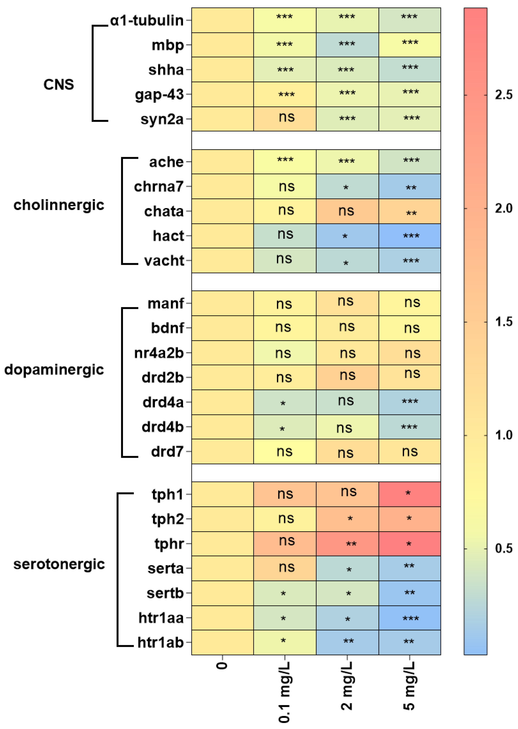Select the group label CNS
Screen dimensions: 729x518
59,84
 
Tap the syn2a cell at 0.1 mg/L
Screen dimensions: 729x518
285,119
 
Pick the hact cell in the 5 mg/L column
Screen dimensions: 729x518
410,236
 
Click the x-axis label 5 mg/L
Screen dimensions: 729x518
410,685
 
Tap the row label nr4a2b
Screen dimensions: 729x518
159,353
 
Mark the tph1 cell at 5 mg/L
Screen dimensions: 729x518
410,494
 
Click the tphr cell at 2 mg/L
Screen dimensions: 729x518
347,544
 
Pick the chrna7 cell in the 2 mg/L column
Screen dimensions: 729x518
347,186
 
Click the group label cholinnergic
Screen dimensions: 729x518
59,205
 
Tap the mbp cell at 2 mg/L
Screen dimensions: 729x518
347,45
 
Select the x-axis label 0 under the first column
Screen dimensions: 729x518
222,666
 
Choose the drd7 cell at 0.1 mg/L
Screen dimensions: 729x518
285,451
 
